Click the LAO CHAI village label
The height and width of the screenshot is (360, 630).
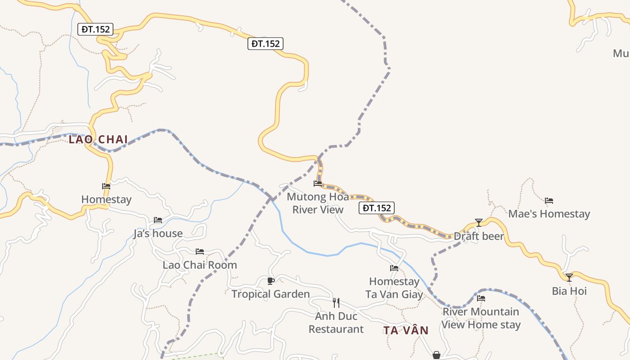pos(98,139)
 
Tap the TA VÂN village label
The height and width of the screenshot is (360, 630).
pos(406,330)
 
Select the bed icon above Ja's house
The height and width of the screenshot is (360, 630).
pos(157,220)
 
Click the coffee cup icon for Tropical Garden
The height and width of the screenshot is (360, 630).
pos(270,281)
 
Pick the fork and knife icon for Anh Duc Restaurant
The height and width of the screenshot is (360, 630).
pos(336,302)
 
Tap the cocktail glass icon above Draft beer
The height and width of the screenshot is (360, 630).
pos(479,223)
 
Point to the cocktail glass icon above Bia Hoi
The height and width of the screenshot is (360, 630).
pos(569,278)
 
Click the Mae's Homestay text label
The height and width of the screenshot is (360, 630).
pos(549,214)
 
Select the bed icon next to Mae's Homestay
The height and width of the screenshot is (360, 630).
pos(549,201)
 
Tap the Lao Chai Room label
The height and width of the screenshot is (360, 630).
pos(200,265)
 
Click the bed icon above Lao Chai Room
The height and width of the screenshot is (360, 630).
pos(200,252)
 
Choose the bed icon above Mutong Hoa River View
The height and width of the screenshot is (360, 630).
pos(318,184)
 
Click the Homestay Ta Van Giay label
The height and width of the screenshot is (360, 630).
pos(394,288)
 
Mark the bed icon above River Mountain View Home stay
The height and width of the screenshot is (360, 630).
pos(481,298)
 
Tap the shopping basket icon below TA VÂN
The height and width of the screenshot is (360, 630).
pos(436,355)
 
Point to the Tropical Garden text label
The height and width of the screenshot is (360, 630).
pos(270,294)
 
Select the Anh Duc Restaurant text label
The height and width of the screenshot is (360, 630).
pos(336,323)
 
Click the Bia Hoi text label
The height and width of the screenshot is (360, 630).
pos(569,291)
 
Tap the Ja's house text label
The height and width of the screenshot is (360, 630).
pos(158,233)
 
